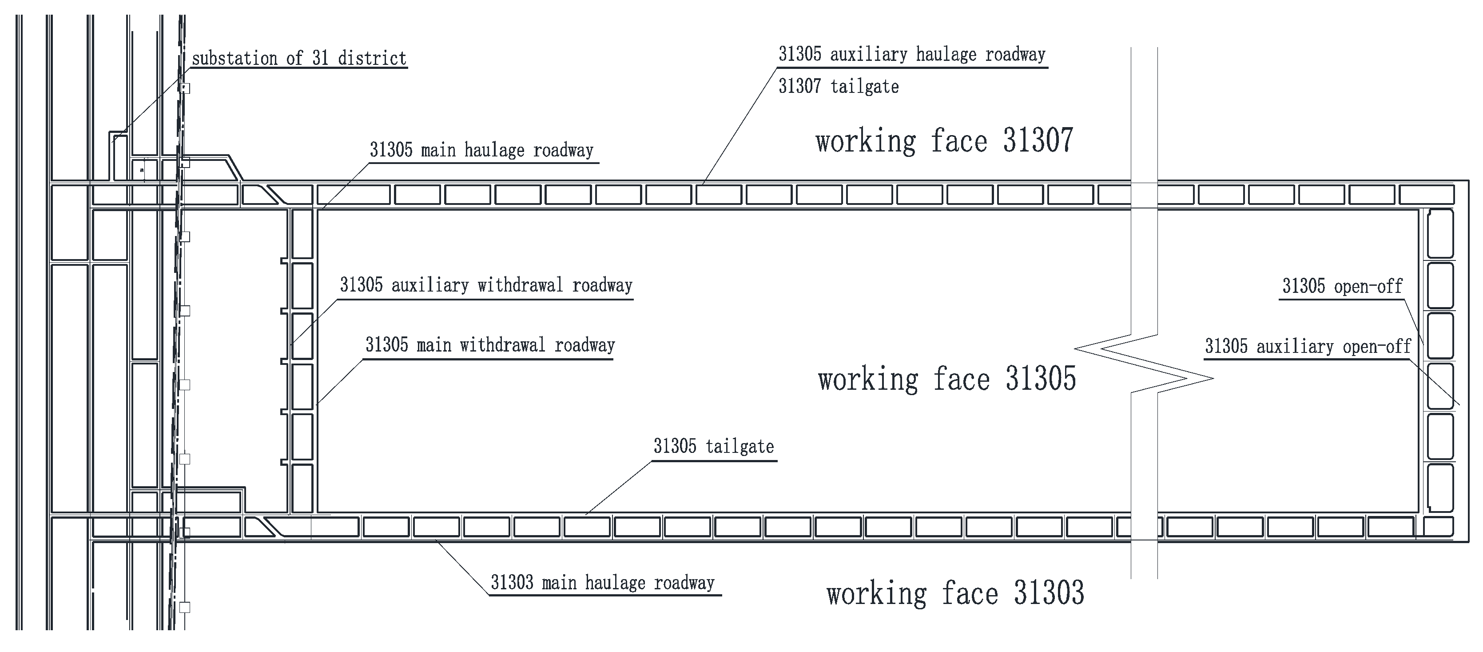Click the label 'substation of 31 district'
[x=299, y=58]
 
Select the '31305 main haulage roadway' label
[x=481, y=150]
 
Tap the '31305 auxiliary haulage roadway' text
[x=912, y=55]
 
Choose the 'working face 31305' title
[x=946, y=380]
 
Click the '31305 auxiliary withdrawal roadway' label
[x=486, y=285]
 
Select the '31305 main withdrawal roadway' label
[x=490, y=345]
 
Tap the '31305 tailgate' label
[x=713, y=446]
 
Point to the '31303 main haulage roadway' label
[x=602, y=583]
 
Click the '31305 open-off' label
[x=1342, y=286]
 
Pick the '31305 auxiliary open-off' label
[x=1308, y=347]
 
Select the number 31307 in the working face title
[x=1038, y=140]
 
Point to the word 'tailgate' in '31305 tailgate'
[x=740, y=446]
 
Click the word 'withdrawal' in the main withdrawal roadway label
[x=502, y=345]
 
